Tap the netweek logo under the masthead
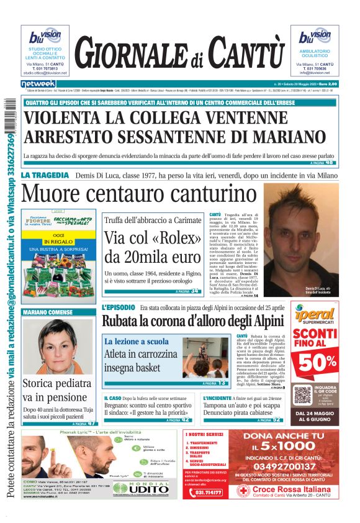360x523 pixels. [38, 83]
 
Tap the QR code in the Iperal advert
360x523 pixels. [303, 394]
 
